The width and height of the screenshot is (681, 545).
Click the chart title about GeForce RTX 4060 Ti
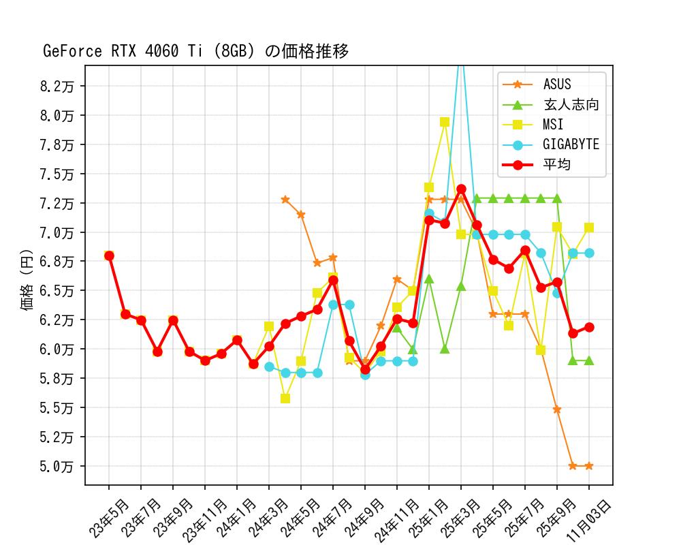[x=196, y=52]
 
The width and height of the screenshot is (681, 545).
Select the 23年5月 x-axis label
[x=109, y=518]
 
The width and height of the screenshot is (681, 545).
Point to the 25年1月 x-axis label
[x=429, y=518]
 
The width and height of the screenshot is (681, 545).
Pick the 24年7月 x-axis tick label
[x=333, y=518]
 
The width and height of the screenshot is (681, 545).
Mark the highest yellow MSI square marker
[x=445, y=122]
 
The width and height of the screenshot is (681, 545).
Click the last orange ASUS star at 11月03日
[x=588, y=466]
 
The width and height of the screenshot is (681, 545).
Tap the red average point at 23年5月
[x=109, y=255]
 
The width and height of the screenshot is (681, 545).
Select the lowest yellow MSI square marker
[x=285, y=399]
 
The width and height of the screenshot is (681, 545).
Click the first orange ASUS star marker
[x=285, y=200]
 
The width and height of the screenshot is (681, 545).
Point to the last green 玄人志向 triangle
[x=588, y=360]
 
